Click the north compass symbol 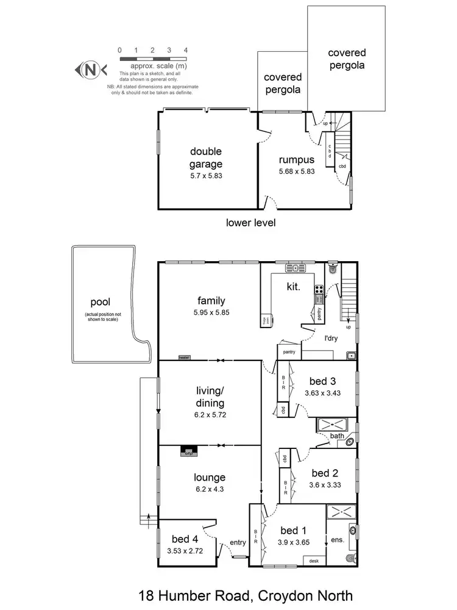(x=90, y=70)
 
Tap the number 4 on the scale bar (x=185, y=50)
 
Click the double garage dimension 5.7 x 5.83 (x=205, y=175)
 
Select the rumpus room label (x=296, y=160)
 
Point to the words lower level (x=250, y=223)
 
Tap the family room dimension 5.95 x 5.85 (x=211, y=312)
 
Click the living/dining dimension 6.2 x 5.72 (x=211, y=414)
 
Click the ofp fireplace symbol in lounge (x=189, y=452)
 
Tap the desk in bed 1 (x=314, y=561)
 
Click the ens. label (x=337, y=539)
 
